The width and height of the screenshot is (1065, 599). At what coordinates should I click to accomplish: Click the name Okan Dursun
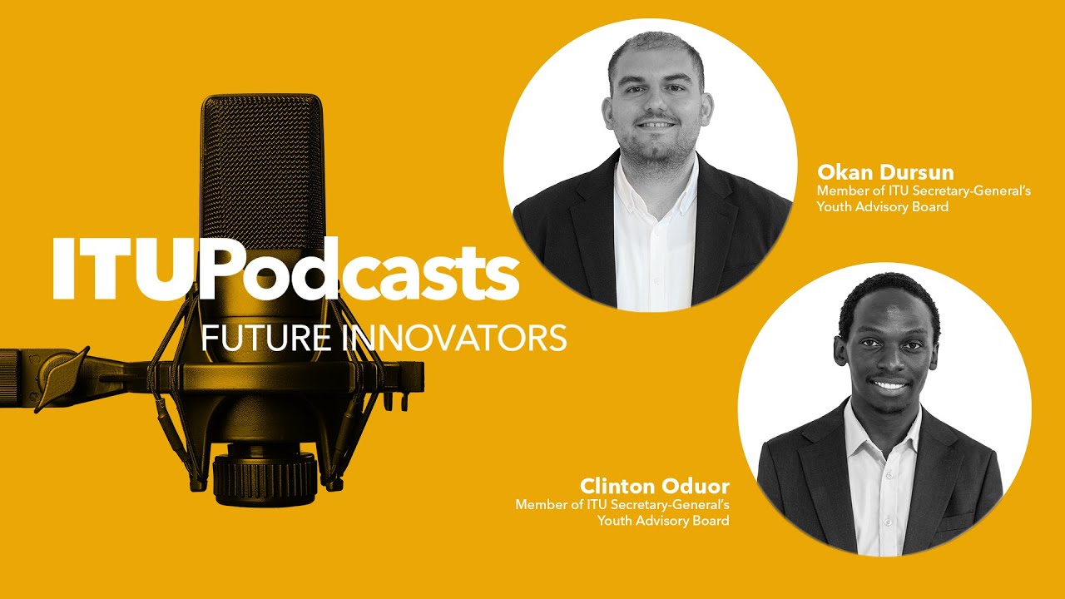coord(885,173)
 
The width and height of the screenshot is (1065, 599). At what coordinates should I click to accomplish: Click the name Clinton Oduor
coord(655,486)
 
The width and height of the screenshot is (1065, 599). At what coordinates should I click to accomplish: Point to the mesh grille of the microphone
coord(262,166)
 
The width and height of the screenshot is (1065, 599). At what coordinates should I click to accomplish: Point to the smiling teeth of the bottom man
coord(890,386)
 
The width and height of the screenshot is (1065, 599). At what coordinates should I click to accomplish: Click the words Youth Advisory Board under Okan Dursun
coord(883,206)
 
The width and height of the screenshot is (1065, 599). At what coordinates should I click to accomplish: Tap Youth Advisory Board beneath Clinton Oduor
coord(663,521)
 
